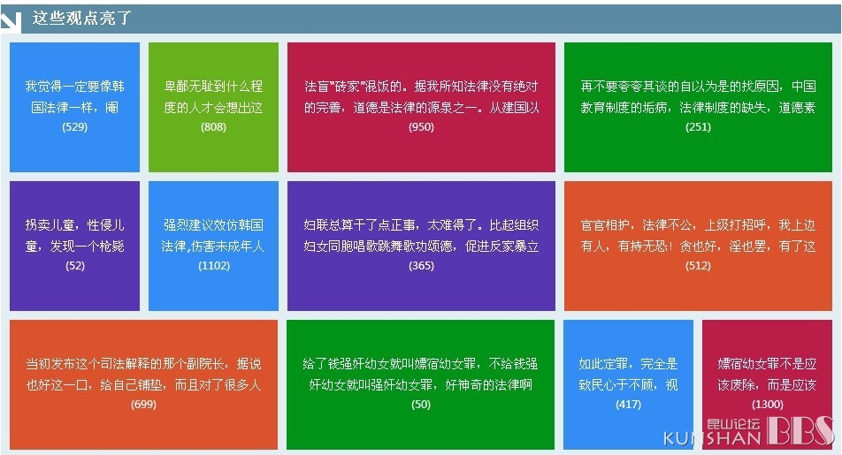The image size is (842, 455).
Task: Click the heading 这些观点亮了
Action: pyautogui.click(x=81, y=18)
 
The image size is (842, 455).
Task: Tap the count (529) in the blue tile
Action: pyautogui.click(x=74, y=127)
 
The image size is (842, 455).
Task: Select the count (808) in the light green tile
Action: pyautogui.click(x=213, y=127)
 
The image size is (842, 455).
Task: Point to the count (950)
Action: pyautogui.click(x=421, y=127)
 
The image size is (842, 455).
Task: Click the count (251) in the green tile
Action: pyautogui.click(x=698, y=127)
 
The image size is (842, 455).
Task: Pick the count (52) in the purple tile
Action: pyautogui.click(x=74, y=266)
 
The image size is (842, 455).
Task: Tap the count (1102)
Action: pyautogui.click(x=214, y=266)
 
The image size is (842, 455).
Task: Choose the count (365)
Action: pyautogui.click(x=421, y=266)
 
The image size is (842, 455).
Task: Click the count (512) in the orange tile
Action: pyautogui.click(x=698, y=266)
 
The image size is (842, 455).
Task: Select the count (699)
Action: pyautogui.click(x=143, y=404)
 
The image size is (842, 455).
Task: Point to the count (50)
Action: pyautogui.click(x=421, y=404)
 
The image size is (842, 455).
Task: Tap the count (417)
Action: pyautogui.click(x=628, y=404)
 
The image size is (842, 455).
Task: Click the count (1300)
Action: pyautogui.click(x=768, y=404)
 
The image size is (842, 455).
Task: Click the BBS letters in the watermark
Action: pyautogui.click(x=800, y=430)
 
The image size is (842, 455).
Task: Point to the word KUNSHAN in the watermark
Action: pyautogui.click(x=712, y=438)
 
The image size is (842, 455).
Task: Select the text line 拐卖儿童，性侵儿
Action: pyautogui.click(x=74, y=224)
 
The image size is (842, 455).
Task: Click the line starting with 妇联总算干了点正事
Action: pyautogui.click(x=421, y=224)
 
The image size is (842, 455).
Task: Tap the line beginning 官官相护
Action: pyautogui.click(x=698, y=224)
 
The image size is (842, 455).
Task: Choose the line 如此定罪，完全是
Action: pyautogui.click(x=628, y=364)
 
